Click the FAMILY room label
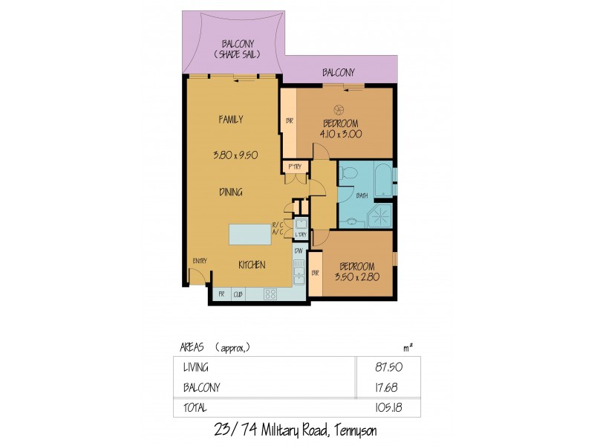tap(231, 119)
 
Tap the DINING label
tap(231, 192)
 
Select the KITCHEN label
tap(252, 265)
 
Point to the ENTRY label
tap(199, 260)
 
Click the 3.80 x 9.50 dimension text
tap(231, 155)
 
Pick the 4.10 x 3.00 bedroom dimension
tap(342, 135)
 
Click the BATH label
tap(362, 195)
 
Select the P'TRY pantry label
tap(291, 167)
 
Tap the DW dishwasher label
tap(298, 251)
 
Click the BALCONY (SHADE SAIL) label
tap(232, 49)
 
